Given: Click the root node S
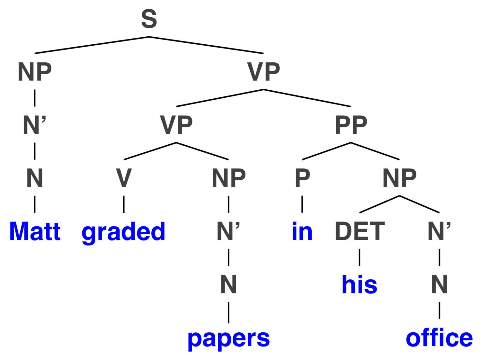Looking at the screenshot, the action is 149,19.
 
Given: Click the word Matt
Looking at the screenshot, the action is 35,231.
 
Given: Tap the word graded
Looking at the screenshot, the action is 123,233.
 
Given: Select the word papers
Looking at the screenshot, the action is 228,340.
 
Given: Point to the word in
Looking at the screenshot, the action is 302,231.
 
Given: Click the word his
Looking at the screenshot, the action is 360,284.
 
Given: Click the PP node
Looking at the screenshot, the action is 351,125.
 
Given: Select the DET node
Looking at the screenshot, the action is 360,231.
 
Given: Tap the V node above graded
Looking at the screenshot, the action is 124,178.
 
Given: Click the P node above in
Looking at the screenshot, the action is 302,178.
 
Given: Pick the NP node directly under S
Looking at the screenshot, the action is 35,72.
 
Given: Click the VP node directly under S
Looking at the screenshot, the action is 263,72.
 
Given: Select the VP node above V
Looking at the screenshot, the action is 176,125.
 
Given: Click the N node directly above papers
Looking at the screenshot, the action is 228,284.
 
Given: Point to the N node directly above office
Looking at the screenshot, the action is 439,284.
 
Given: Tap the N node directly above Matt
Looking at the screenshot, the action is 35,178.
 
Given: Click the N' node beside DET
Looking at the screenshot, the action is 439,231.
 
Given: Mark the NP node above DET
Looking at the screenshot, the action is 399,178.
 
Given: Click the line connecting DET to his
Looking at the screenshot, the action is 360,257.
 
